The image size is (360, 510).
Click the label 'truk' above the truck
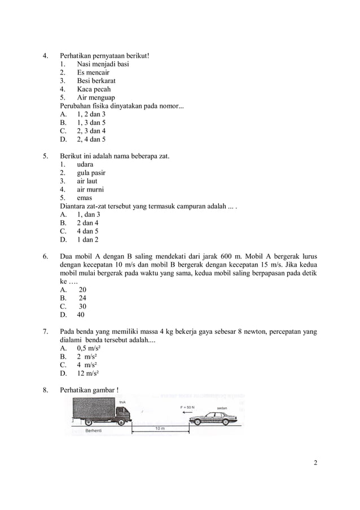click(122, 402)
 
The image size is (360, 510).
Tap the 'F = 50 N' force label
click(187, 406)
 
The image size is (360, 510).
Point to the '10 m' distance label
click(160, 429)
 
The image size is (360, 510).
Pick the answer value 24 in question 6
click(82, 298)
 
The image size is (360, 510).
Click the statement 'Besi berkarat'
click(96, 81)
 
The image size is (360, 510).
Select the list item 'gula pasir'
click(91, 173)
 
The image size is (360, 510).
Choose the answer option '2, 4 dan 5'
click(91, 139)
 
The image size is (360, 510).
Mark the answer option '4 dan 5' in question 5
click(87, 230)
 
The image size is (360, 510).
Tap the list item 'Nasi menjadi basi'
click(103, 64)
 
